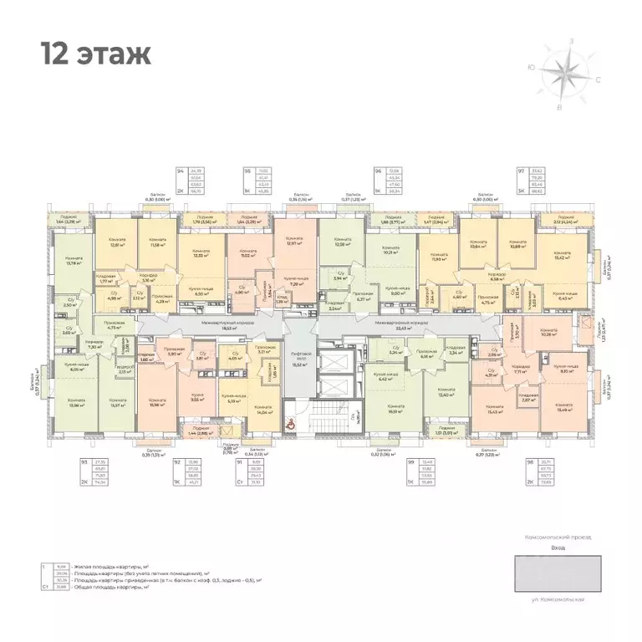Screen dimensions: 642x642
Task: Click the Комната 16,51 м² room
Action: [x=391, y=409]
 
